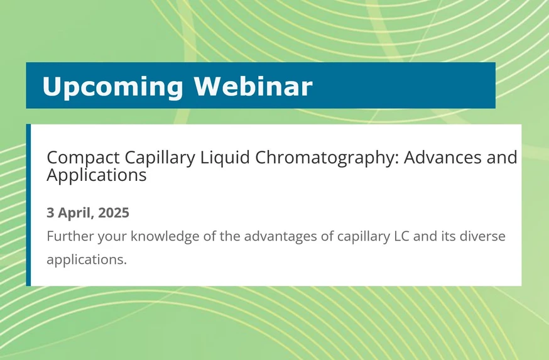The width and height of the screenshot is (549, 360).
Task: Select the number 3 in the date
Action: [50, 213]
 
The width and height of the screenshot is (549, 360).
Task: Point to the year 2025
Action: [114, 213]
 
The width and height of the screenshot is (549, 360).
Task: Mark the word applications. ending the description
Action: [87, 259]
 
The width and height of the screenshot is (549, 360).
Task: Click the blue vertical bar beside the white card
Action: [28, 205]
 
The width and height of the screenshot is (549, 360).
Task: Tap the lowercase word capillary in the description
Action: [364, 237]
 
